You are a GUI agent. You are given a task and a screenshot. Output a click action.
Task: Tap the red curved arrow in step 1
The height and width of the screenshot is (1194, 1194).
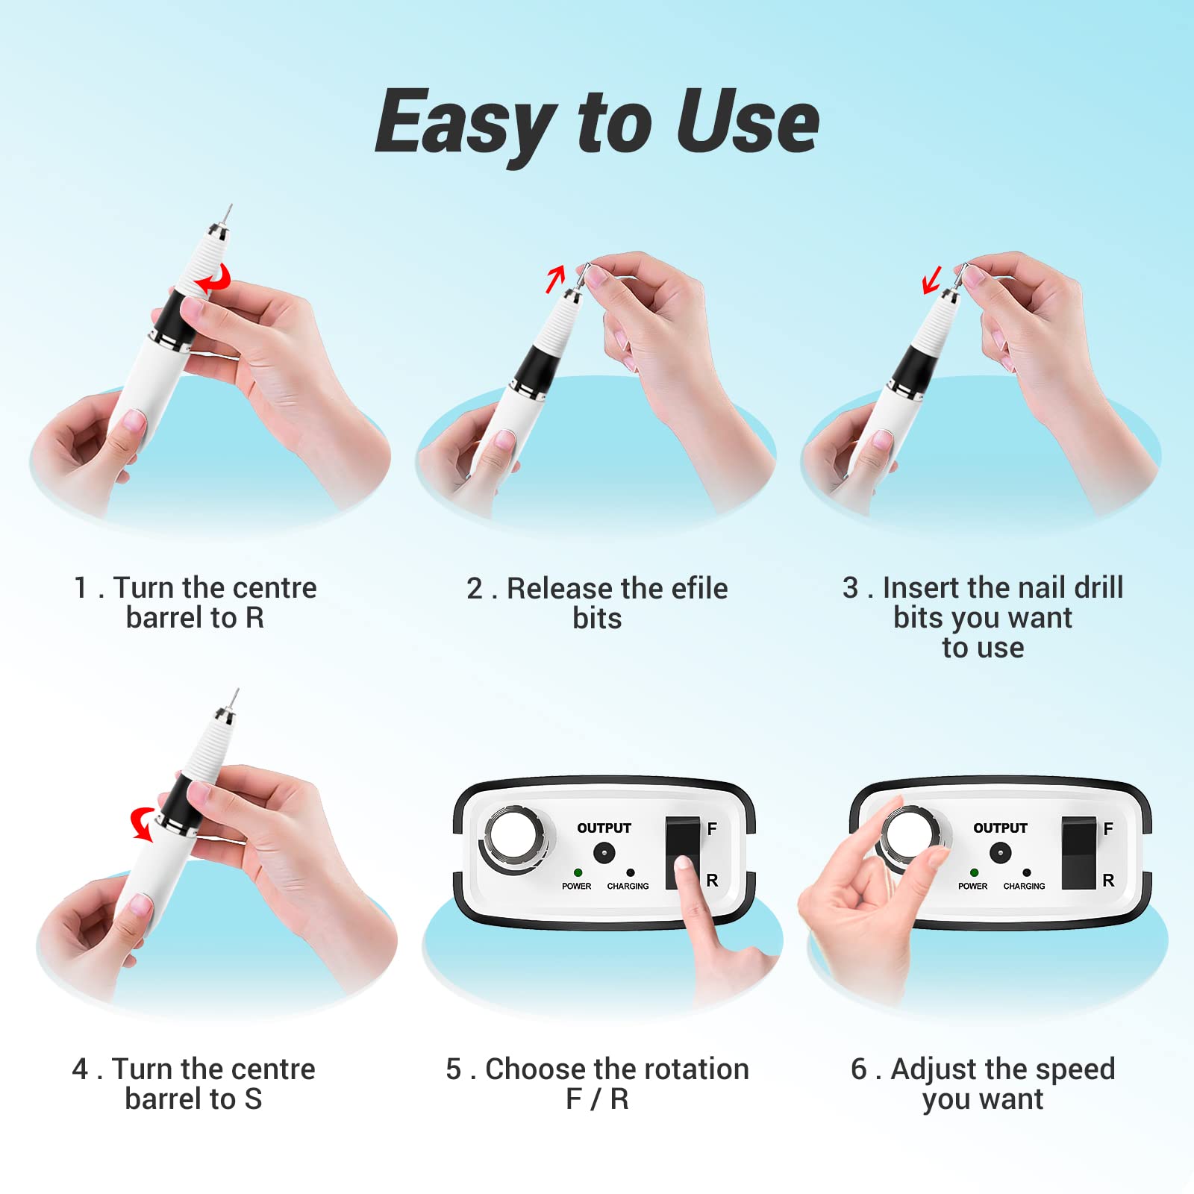215,279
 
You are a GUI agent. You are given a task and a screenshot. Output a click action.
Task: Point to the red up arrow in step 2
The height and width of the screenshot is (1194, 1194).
555,279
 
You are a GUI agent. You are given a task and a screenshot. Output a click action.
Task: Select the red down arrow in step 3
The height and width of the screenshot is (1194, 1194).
931,281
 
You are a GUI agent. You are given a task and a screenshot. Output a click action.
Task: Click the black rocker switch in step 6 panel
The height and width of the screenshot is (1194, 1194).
1079,852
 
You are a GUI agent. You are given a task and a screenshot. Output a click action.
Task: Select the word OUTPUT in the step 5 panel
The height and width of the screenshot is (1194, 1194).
604,828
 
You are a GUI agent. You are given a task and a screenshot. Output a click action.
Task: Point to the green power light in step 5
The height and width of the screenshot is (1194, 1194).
578,872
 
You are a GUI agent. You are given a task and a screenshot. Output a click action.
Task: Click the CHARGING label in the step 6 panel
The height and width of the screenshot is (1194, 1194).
1024,886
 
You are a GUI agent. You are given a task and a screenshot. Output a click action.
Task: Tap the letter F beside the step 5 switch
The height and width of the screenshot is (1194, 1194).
712,828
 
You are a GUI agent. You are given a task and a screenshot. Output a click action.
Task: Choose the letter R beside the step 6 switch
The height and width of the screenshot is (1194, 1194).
1108,881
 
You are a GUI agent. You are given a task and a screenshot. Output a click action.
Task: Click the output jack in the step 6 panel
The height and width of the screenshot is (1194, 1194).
1000,852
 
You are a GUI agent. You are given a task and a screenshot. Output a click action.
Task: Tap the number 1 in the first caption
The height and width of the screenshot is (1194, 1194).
81,588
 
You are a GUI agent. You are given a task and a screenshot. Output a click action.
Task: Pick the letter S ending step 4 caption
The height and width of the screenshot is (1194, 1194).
253,1099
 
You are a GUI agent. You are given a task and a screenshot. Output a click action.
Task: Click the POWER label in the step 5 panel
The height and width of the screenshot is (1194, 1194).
576,886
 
